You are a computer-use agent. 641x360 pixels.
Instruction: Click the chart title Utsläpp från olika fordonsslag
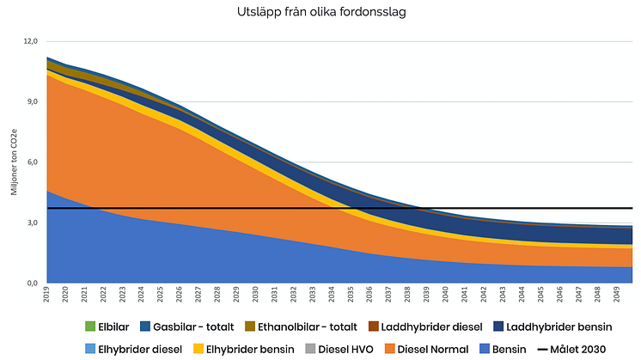click(x=320, y=14)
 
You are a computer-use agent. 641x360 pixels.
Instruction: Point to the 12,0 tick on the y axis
click(x=31, y=41)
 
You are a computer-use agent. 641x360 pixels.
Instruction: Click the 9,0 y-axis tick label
click(x=33, y=101)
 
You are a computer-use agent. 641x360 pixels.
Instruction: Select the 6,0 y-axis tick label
click(x=33, y=162)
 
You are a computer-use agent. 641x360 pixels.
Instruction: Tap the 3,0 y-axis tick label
click(x=33, y=223)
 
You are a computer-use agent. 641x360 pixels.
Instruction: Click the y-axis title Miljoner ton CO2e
click(x=15, y=162)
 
